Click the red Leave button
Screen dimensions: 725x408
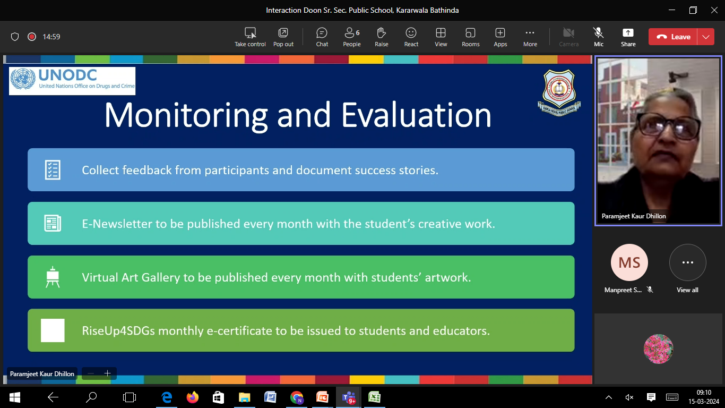(673, 37)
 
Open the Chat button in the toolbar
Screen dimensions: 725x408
(322, 37)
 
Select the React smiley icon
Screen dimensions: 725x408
(411, 33)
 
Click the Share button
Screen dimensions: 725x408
(628, 37)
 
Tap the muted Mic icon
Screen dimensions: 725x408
(599, 33)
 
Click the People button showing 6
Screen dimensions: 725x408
(352, 37)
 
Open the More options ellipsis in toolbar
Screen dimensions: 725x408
(530, 33)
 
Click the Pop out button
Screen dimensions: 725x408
(283, 37)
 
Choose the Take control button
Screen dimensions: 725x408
(250, 37)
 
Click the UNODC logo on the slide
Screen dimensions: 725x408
(72, 81)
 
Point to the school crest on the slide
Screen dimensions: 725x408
(559, 92)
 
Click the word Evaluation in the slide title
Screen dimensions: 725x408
(416, 115)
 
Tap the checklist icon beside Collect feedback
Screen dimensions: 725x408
(53, 170)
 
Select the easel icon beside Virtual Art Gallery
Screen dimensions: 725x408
(53, 277)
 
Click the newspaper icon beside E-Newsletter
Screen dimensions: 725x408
(53, 223)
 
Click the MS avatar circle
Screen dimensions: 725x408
(629, 262)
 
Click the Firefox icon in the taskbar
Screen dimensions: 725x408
(192, 397)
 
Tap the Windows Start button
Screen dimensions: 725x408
(14, 397)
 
